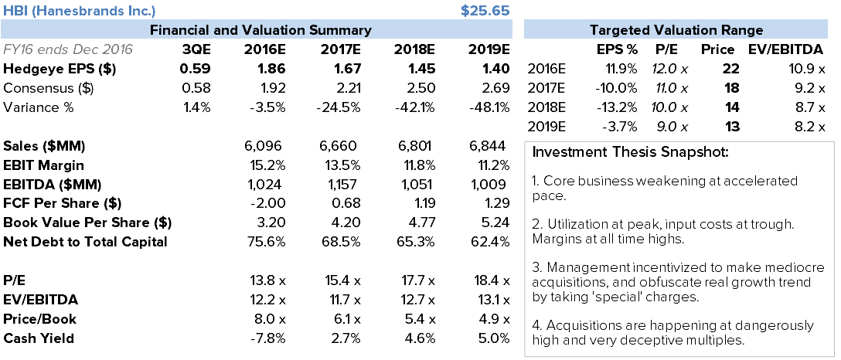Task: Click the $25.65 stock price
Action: point(485,11)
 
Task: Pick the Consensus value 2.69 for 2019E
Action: point(492,88)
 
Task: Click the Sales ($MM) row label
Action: point(44,146)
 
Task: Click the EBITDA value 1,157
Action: point(341,185)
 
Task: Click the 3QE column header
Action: point(195,49)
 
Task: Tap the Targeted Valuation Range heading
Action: point(676,30)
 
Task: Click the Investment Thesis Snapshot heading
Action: point(630,151)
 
